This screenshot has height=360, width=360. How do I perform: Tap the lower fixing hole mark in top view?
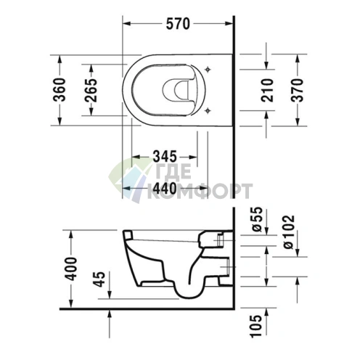pyautogui.click(x=209, y=109)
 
